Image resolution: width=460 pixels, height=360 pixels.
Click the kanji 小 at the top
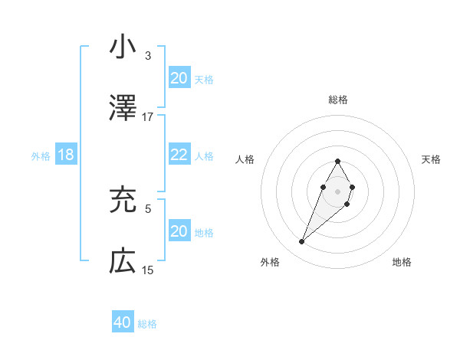tap(123, 47)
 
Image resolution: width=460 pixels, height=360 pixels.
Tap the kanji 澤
tap(123, 108)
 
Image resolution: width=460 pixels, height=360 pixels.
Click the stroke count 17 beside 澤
tap(148, 117)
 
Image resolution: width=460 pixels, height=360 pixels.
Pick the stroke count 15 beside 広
tap(148, 270)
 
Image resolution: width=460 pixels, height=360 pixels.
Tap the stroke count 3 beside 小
tap(148, 56)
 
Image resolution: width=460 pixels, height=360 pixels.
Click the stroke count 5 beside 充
tap(148, 208)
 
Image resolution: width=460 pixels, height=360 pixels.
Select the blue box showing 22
tap(179, 155)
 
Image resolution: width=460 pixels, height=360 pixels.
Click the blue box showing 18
tap(66, 155)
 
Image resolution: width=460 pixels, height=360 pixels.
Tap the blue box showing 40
tap(123, 322)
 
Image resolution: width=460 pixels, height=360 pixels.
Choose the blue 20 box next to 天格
tap(179, 78)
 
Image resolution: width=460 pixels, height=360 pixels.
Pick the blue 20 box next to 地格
tap(179, 231)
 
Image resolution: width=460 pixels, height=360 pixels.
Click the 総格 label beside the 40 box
tap(148, 324)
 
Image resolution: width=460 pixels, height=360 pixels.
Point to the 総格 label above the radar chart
tap(338, 100)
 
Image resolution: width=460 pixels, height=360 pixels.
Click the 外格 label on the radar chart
tap(270, 262)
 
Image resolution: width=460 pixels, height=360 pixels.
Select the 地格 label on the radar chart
tap(402, 262)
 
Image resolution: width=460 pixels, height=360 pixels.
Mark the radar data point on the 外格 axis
tap(302, 242)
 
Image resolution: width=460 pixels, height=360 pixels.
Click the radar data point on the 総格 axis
tap(337, 162)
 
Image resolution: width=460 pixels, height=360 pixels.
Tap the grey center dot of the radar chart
tap(337, 190)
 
